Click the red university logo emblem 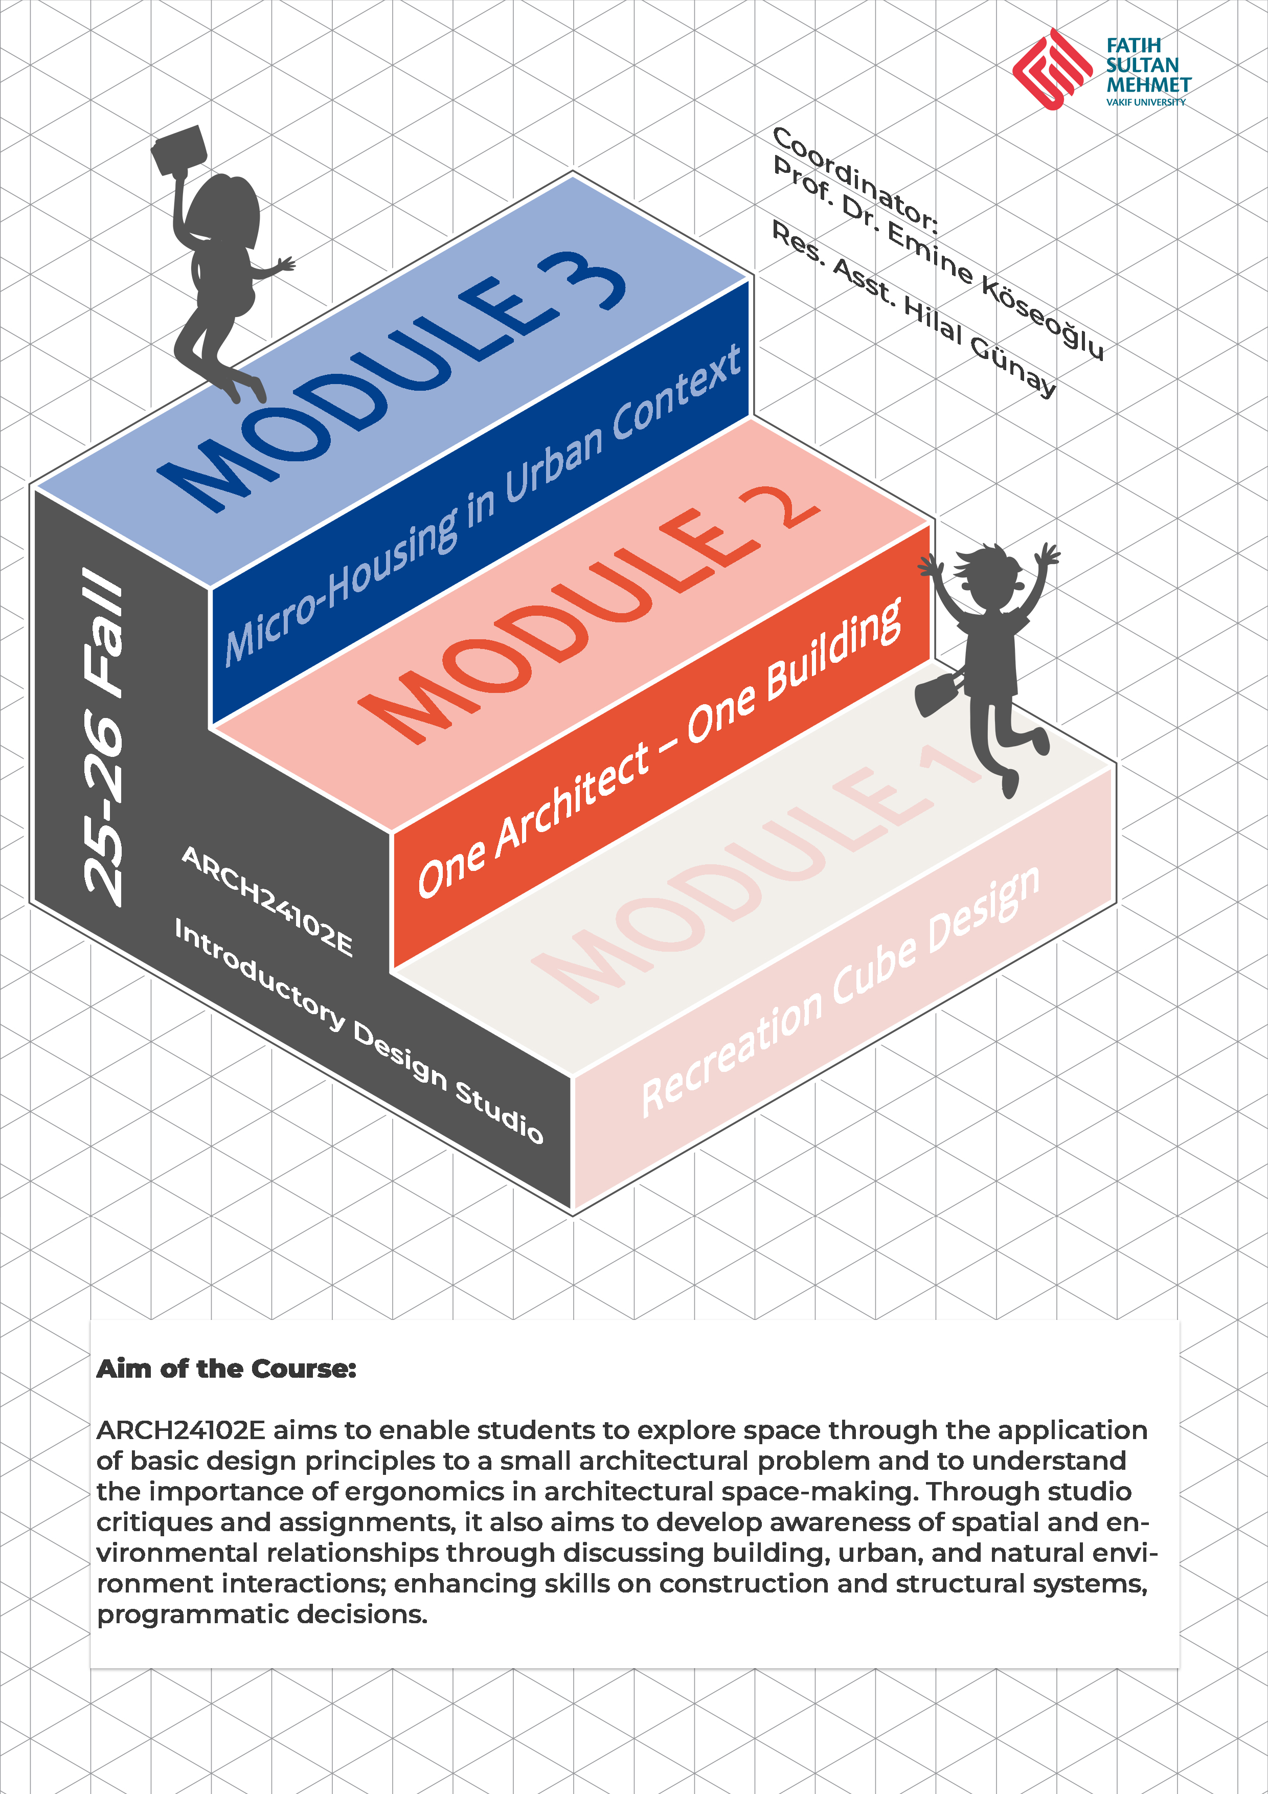[x=1052, y=69]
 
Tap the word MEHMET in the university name [x=1148, y=84]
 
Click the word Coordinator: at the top [x=855, y=180]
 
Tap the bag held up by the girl [x=179, y=149]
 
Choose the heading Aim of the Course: [x=227, y=1369]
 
